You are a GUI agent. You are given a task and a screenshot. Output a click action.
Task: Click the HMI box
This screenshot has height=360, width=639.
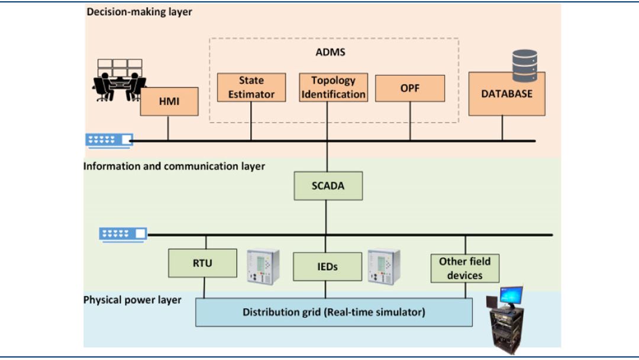[x=168, y=102]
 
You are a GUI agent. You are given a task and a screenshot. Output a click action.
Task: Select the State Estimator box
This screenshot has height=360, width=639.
[x=251, y=87]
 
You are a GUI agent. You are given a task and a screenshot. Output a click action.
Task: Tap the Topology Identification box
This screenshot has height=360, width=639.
[x=333, y=87]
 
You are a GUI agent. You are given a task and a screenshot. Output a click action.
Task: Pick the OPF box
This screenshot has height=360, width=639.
[x=409, y=88]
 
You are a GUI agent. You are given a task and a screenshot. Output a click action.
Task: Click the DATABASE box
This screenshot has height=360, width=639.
[x=506, y=94]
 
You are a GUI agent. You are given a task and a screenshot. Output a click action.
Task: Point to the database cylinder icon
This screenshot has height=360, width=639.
[x=525, y=65]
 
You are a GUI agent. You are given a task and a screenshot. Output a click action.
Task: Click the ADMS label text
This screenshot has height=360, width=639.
[x=330, y=52]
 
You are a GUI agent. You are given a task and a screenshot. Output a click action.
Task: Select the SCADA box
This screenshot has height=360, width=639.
[x=328, y=186]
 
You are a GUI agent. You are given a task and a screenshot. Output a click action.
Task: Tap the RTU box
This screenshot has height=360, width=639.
[x=202, y=263]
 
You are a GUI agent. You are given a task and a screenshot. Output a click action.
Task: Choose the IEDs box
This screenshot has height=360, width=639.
[x=327, y=266]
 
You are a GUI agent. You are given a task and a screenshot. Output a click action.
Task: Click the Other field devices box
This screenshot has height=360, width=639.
[x=464, y=268]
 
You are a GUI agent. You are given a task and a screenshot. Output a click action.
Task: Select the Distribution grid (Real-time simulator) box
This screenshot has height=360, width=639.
[x=334, y=312]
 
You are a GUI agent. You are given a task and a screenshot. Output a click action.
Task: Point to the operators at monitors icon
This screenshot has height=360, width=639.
[x=119, y=79]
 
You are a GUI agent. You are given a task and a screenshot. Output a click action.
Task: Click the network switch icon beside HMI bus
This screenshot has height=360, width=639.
[x=109, y=140]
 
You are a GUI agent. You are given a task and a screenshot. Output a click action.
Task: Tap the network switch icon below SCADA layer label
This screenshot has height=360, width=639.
[x=122, y=234]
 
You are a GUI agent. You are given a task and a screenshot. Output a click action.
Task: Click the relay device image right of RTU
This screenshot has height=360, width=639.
[x=263, y=266]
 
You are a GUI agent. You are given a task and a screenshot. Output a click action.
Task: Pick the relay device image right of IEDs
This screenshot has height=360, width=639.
[x=383, y=266]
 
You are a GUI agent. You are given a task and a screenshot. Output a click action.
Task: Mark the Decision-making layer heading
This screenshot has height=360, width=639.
[x=139, y=12]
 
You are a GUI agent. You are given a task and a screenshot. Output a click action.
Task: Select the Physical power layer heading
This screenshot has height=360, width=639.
[x=132, y=300]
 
